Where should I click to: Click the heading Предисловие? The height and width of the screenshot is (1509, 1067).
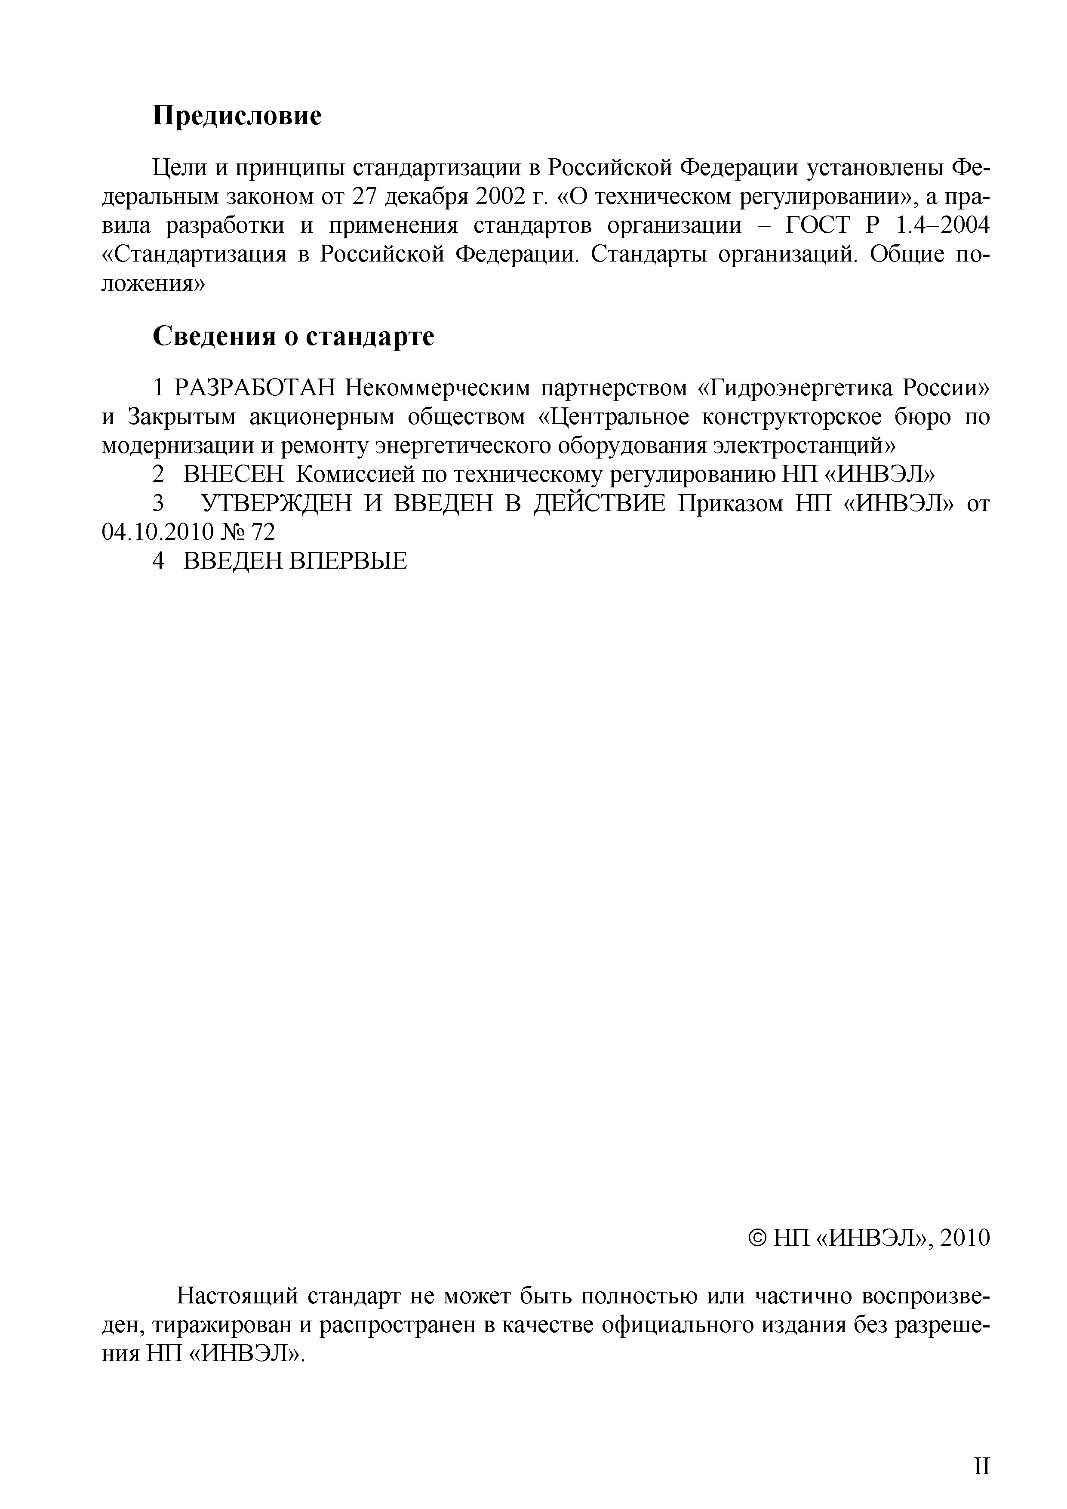click(237, 116)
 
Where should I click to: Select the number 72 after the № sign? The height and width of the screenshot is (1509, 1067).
click(261, 532)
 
